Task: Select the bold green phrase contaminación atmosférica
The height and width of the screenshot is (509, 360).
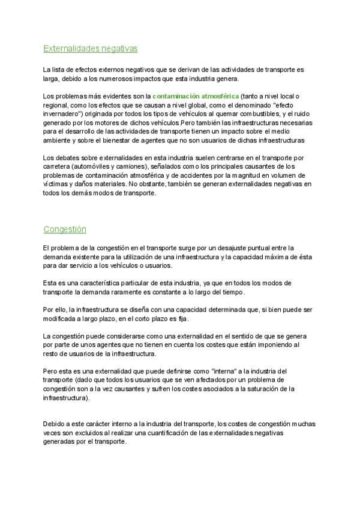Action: tap(196, 96)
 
